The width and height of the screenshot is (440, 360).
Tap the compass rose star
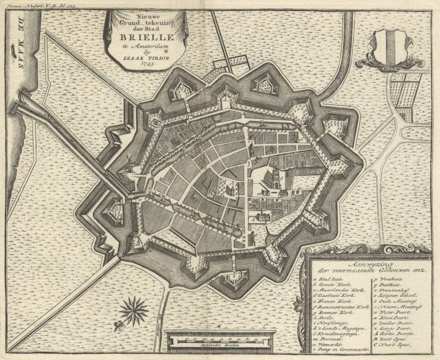click(x=133, y=310)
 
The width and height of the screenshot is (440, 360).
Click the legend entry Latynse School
click(x=401, y=295)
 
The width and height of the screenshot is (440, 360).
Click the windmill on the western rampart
click(x=128, y=163)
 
